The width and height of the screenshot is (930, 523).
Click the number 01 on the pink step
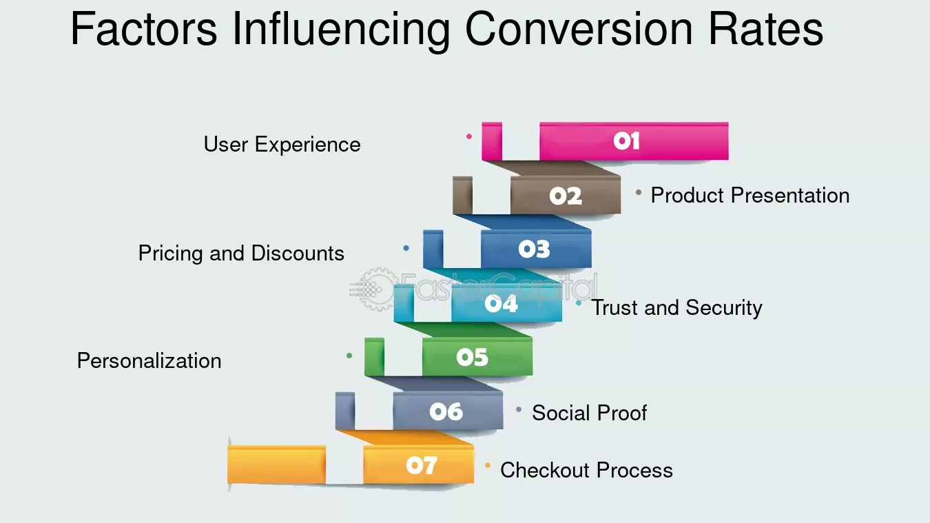(x=626, y=141)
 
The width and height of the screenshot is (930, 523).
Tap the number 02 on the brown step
(x=566, y=196)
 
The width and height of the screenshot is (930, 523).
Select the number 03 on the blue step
(x=535, y=249)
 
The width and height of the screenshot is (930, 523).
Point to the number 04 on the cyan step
(x=502, y=303)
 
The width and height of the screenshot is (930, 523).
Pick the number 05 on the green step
(x=472, y=357)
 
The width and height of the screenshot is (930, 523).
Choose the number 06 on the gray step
(x=446, y=411)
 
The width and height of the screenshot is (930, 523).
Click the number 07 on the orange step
(x=421, y=466)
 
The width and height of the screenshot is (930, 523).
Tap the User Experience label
(x=282, y=145)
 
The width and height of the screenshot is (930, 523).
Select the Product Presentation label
(x=750, y=196)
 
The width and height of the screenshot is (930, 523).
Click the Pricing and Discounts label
(x=241, y=254)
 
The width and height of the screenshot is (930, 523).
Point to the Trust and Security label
(x=676, y=307)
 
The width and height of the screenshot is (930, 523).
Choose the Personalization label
(x=149, y=361)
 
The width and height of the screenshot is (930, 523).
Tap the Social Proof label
(x=589, y=413)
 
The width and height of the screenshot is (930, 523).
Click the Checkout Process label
(x=586, y=470)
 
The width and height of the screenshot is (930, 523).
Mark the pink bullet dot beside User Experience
(x=469, y=136)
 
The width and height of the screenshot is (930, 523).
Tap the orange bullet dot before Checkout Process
(x=488, y=466)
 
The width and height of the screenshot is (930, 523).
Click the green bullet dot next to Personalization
(x=349, y=356)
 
